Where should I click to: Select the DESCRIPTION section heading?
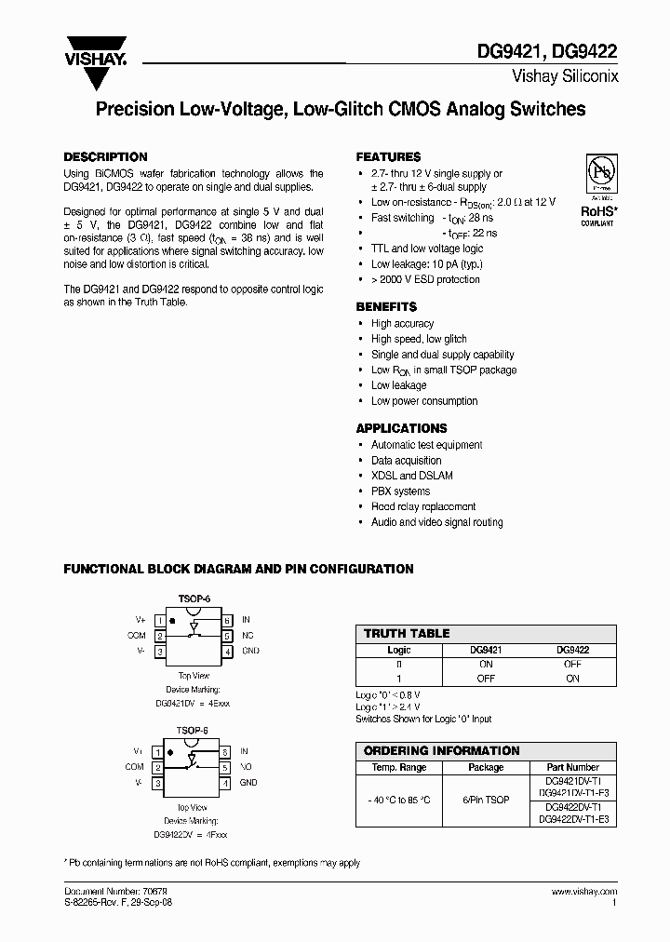(105, 157)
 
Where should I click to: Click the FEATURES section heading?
(388, 157)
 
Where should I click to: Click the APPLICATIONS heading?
(401, 428)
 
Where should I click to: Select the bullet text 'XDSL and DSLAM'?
(412, 476)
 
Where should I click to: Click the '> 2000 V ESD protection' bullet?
(425, 279)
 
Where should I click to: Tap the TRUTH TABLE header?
(407, 633)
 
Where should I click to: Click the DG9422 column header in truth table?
(572, 650)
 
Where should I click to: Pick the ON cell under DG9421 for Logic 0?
(485, 665)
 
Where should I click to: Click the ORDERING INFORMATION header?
(441, 750)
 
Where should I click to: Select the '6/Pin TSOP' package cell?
(486, 800)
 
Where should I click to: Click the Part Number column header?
(572, 767)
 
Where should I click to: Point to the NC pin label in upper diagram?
(247, 636)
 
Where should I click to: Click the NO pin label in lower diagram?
(247, 767)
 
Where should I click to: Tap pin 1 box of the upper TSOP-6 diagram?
(160, 620)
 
